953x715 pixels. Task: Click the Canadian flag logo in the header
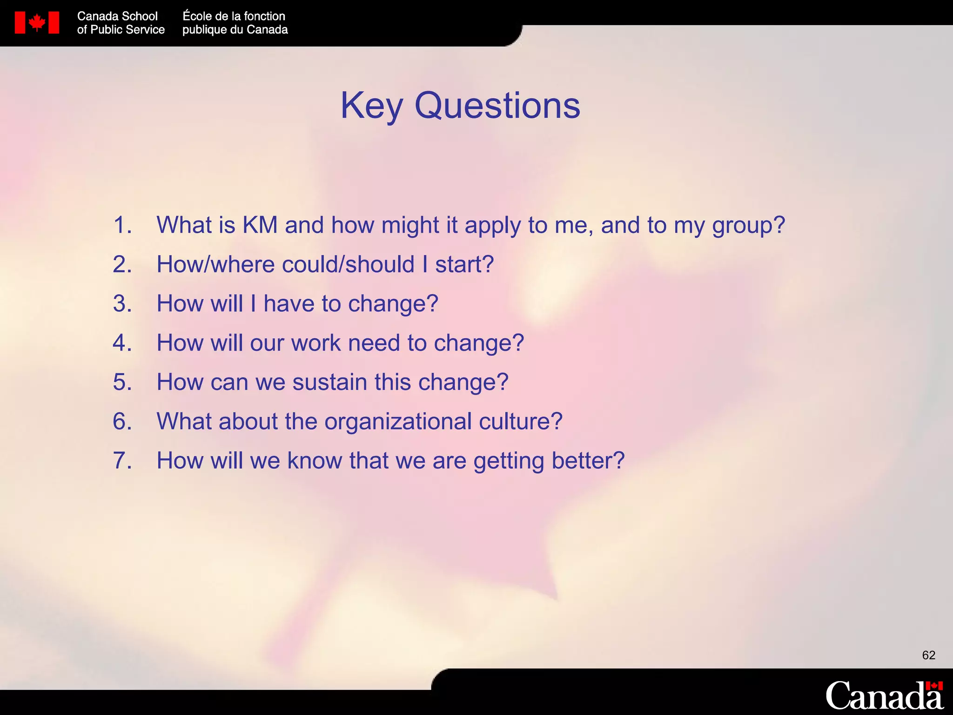pyautogui.click(x=37, y=23)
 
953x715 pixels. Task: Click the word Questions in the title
pyautogui.click(x=497, y=106)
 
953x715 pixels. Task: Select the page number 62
pyautogui.click(x=928, y=655)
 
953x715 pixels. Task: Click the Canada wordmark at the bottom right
pyautogui.click(x=884, y=695)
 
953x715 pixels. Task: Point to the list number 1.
pyautogui.click(x=122, y=225)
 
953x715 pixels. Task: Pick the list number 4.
pyautogui.click(x=122, y=343)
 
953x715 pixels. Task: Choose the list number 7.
pyautogui.click(x=122, y=461)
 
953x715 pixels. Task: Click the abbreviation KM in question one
pyautogui.click(x=260, y=225)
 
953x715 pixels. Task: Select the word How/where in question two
pyautogui.click(x=216, y=265)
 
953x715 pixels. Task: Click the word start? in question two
pyautogui.click(x=464, y=265)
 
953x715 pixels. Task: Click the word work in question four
pyautogui.click(x=316, y=343)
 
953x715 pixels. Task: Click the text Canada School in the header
pyautogui.click(x=117, y=16)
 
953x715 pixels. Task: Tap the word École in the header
pyautogui.click(x=197, y=16)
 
